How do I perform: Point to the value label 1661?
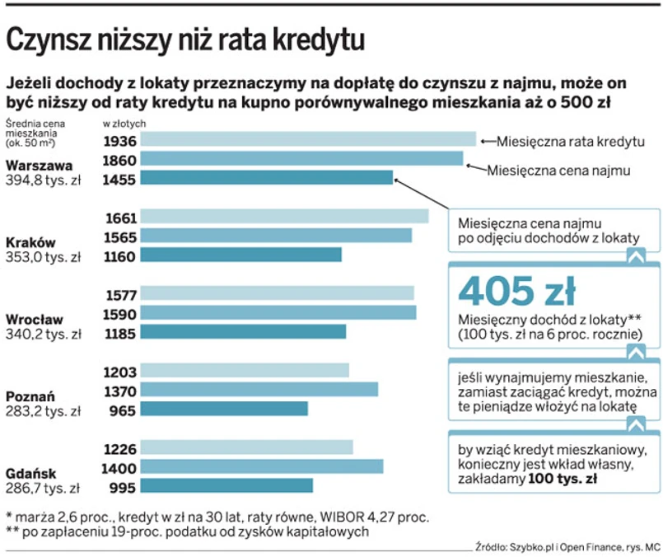click(120, 218)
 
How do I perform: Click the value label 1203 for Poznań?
click(120, 371)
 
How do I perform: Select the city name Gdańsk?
click(30, 473)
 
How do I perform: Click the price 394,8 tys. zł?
click(43, 180)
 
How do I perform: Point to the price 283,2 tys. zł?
click(43, 410)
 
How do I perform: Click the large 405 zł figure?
click(516, 291)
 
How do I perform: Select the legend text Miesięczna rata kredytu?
click(570, 141)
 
